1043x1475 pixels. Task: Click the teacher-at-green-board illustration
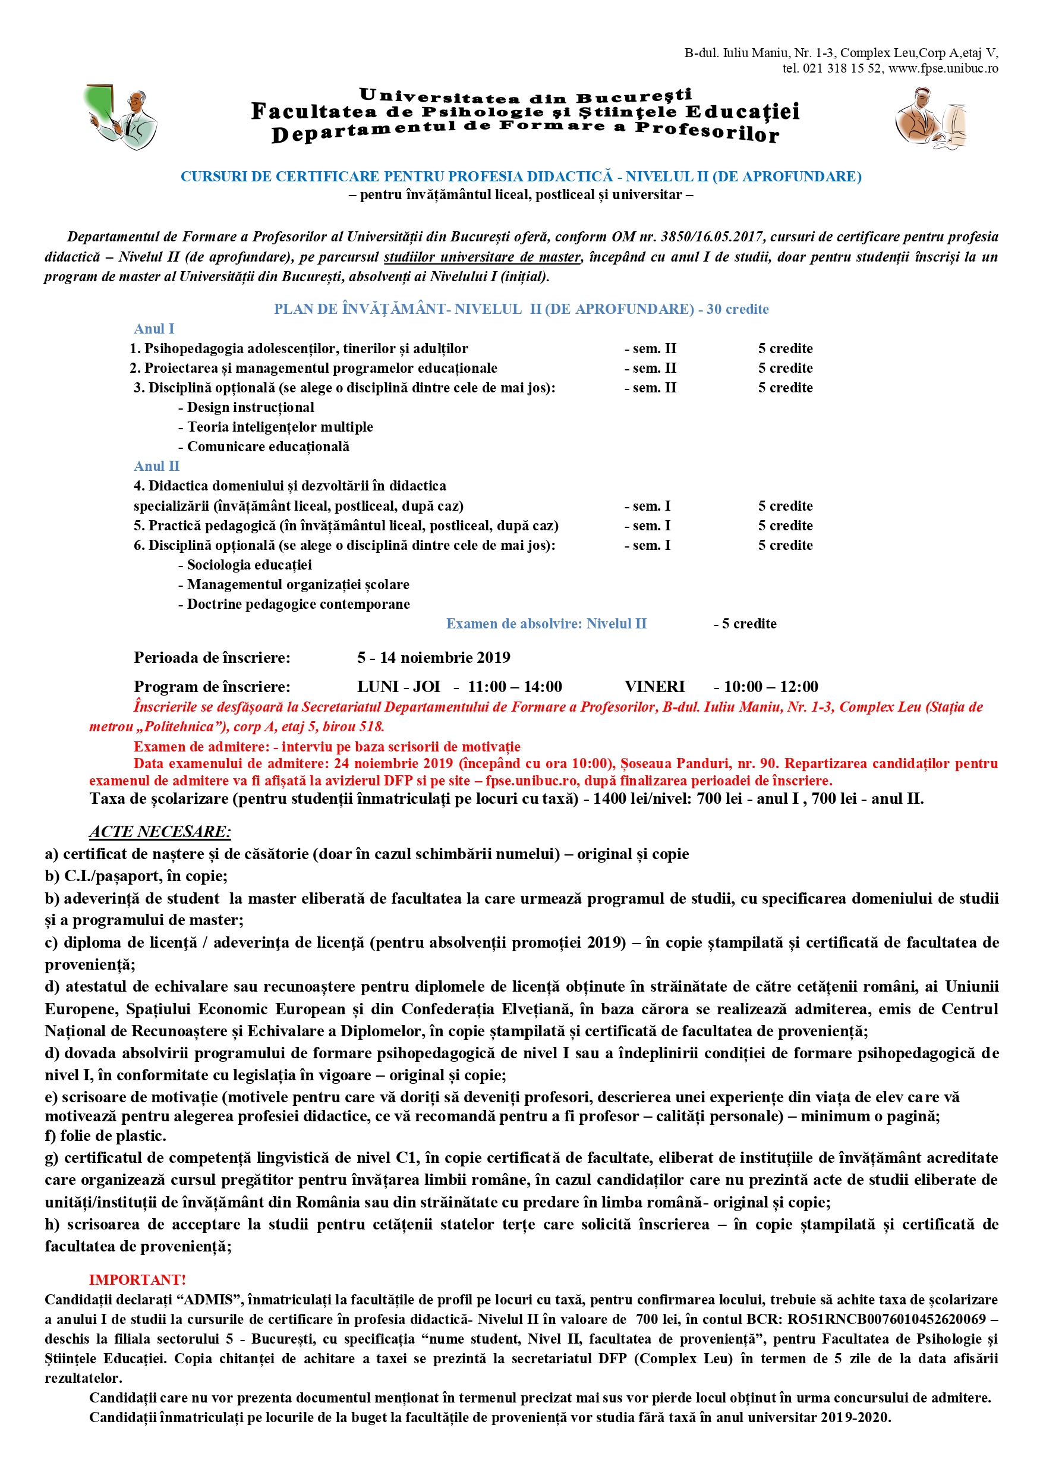coord(120,117)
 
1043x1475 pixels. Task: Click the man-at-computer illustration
coord(931,118)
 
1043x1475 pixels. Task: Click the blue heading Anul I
coord(154,329)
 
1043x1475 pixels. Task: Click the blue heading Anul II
coord(157,466)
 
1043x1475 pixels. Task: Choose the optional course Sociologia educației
coord(249,565)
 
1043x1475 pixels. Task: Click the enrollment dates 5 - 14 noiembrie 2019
coord(433,657)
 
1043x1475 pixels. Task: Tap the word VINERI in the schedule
coord(654,687)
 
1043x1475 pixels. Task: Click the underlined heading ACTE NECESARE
coord(160,832)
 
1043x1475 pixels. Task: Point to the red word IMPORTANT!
coord(137,1280)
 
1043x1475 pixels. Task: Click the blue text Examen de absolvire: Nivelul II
coord(546,624)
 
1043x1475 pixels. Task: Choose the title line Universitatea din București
coord(525,96)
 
